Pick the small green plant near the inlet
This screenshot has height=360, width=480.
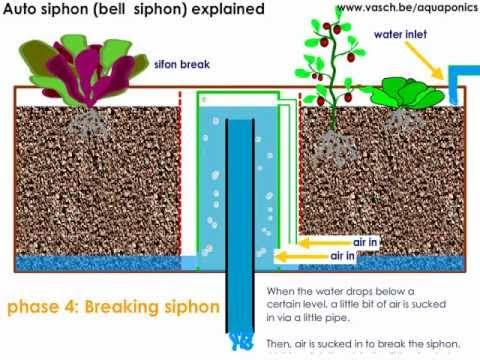tap(407, 90)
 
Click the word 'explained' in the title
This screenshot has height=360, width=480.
tap(226, 10)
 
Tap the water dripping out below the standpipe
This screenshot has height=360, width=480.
tap(240, 342)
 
